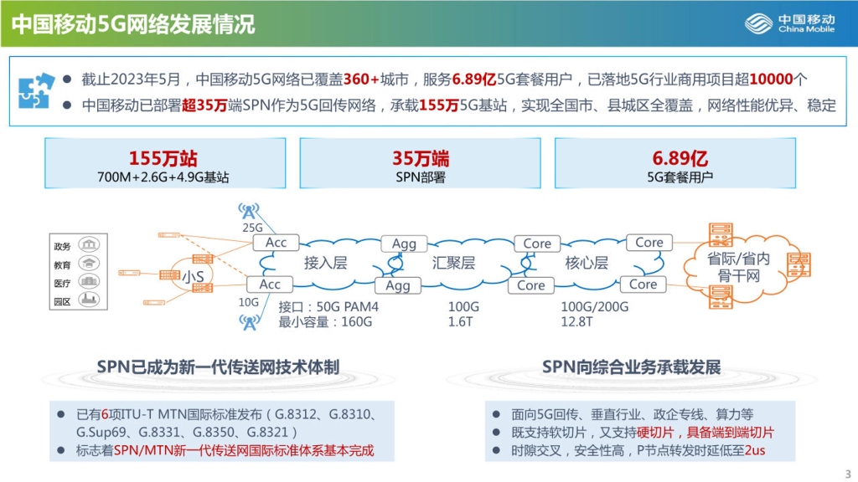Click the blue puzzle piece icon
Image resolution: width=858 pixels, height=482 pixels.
[37, 90]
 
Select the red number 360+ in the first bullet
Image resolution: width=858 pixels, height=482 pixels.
[361, 79]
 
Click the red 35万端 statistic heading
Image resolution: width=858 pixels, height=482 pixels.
[420, 158]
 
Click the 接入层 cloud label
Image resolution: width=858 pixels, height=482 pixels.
[325, 263]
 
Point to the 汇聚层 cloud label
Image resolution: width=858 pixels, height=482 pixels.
[454, 263]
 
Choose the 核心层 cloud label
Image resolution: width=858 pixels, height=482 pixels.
[587, 263]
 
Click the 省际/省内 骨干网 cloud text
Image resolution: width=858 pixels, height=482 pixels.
[738, 267]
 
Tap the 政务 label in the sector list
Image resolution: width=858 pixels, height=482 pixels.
[62, 246]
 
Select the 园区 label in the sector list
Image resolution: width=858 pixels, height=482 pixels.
[62, 300]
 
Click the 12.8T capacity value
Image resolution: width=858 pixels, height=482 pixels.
[576, 321]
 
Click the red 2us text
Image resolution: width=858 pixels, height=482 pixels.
[754, 450]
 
